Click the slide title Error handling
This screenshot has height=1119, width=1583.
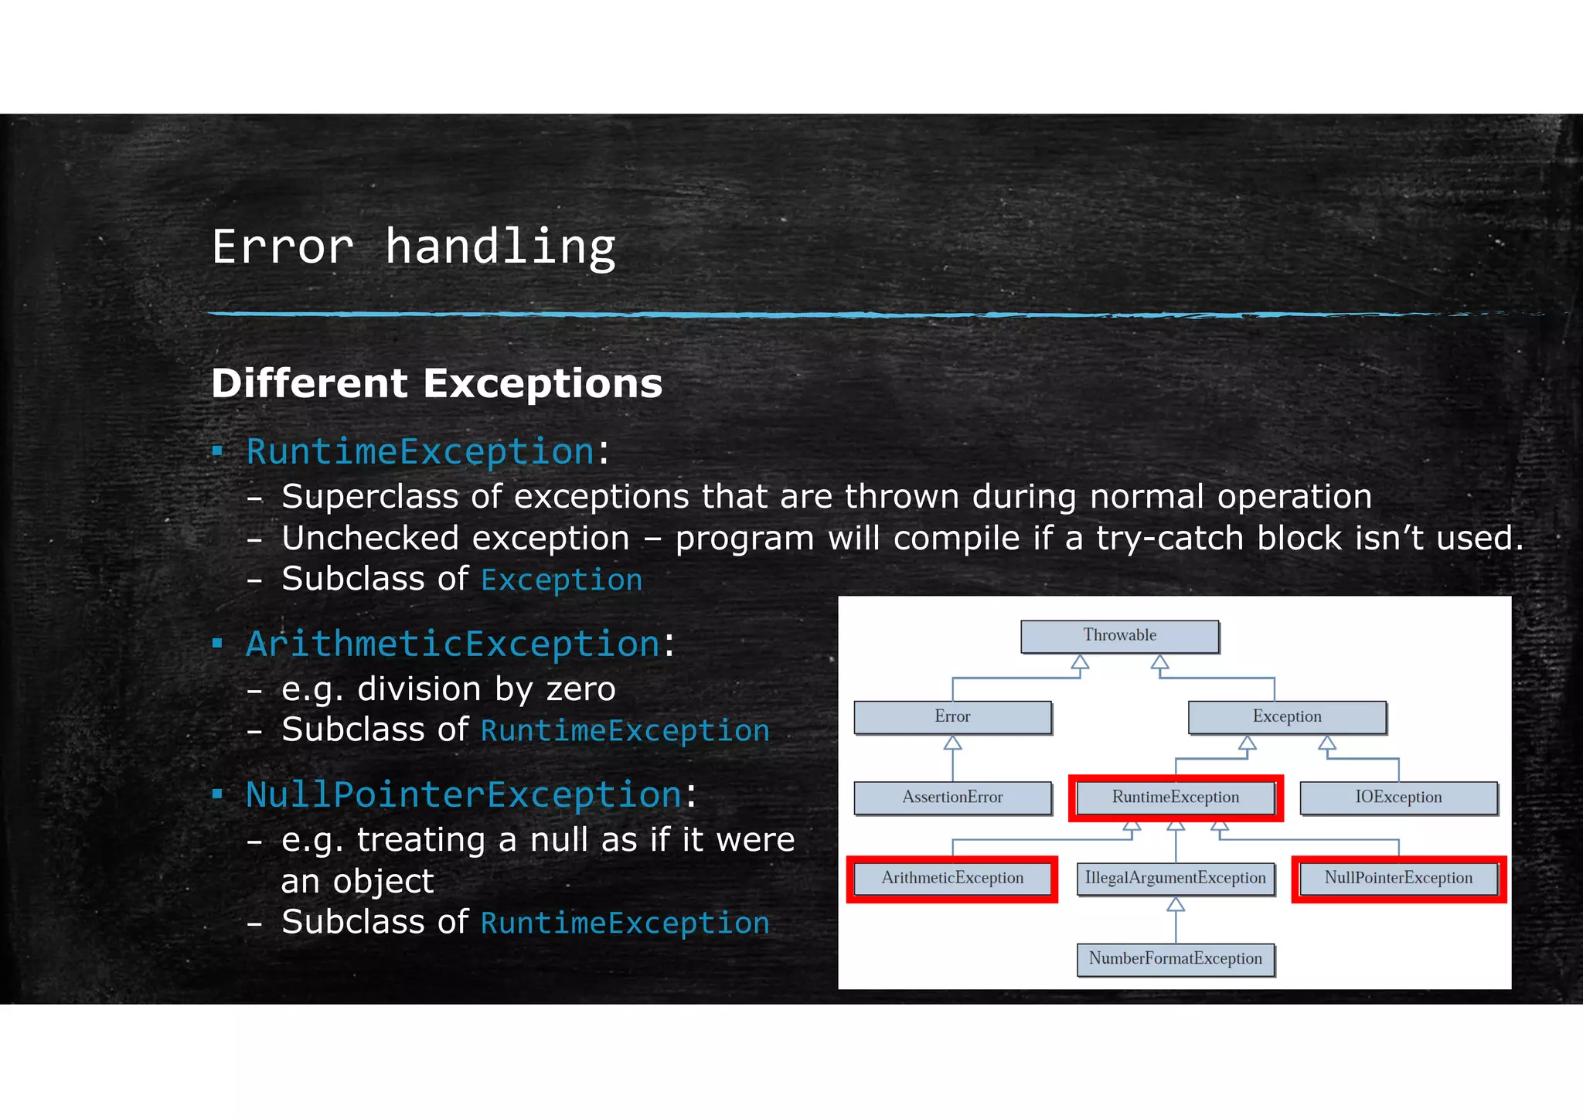point(414,247)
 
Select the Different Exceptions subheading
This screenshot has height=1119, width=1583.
point(437,383)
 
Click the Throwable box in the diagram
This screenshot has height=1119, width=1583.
point(1119,636)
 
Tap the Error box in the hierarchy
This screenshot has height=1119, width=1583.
point(952,717)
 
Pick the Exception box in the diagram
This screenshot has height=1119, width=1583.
point(1287,717)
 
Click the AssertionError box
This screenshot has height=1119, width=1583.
point(952,798)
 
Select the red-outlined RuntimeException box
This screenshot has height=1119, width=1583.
point(1176,798)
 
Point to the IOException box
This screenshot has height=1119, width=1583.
point(1398,798)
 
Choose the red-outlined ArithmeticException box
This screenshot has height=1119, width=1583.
point(952,878)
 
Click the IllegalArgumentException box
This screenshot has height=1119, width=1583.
point(1176,879)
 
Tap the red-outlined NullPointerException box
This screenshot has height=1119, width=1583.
point(1398,878)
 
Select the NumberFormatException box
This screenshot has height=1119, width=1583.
point(1176,959)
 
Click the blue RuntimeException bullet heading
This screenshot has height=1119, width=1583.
point(420,451)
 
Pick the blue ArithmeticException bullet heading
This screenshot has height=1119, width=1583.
point(453,644)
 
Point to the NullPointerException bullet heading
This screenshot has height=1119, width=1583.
point(464,794)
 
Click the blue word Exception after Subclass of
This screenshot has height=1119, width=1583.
point(561,580)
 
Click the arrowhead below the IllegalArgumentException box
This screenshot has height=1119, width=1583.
point(1176,905)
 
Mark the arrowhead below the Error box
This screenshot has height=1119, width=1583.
point(952,743)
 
